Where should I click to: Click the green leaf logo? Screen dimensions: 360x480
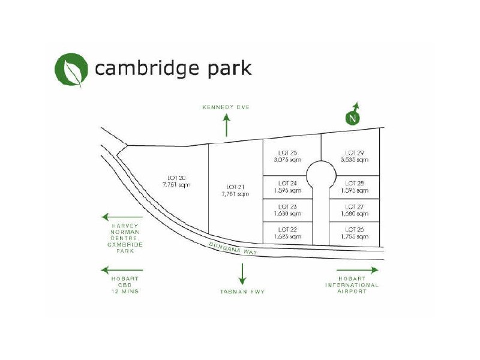click(70, 70)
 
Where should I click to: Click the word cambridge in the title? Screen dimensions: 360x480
click(145, 68)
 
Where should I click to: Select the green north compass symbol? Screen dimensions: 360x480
click(353, 117)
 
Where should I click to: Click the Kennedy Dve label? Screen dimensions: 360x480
click(226, 107)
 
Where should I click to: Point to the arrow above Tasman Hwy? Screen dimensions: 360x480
click(242, 273)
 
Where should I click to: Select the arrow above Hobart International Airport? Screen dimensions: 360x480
click(358, 270)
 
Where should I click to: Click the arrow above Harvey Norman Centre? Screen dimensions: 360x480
click(122, 217)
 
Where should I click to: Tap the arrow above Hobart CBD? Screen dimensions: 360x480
click(122, 270)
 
